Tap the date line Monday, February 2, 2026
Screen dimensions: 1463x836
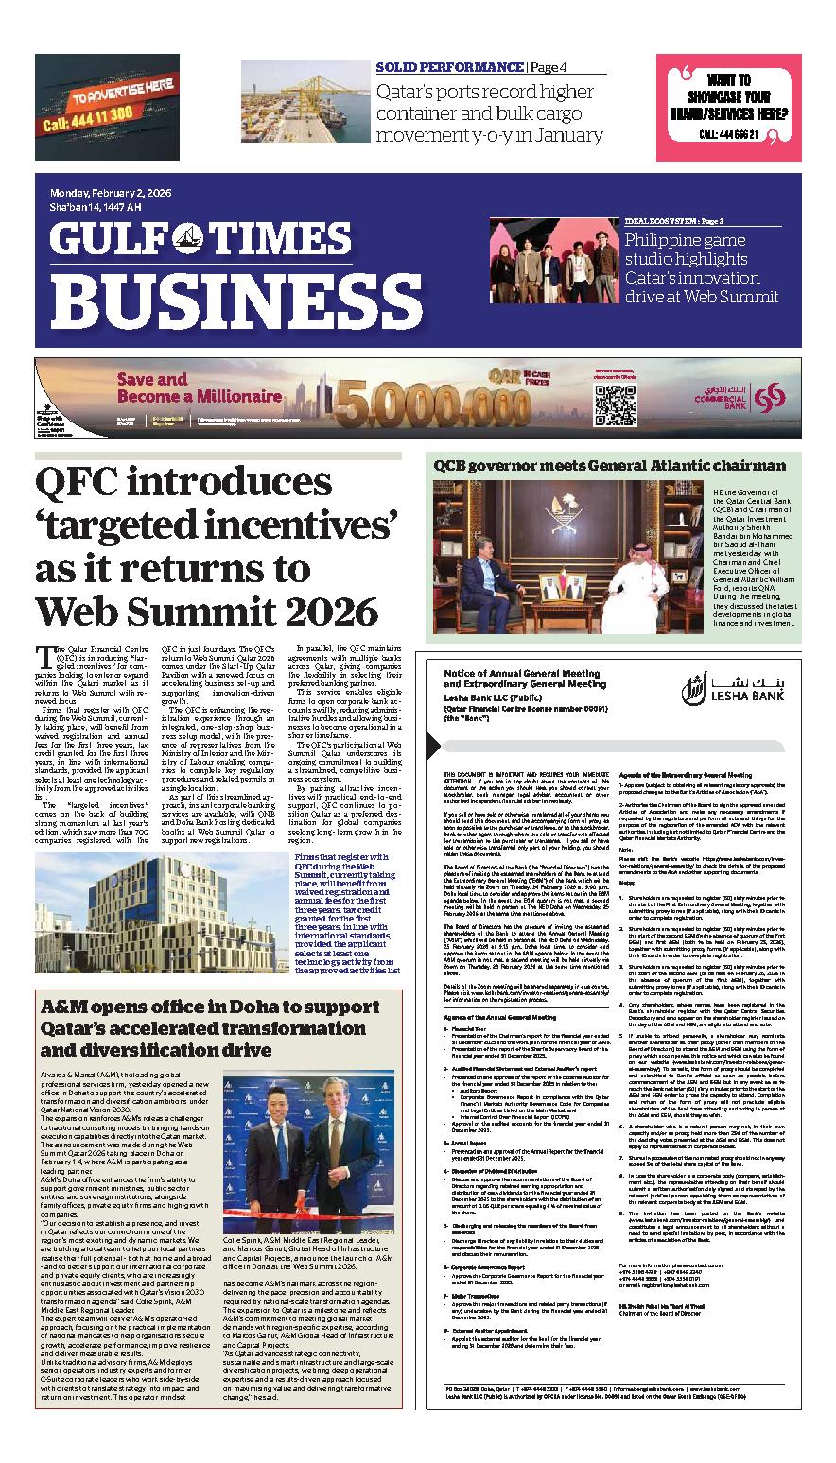[x=111, y=193]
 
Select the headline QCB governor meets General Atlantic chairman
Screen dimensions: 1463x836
[x=609, y=465]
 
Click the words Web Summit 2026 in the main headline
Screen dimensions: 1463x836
[x=204, y=612]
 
